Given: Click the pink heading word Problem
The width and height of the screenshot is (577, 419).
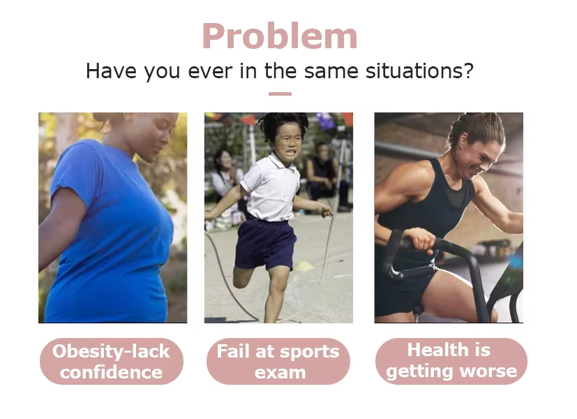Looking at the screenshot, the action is [280, 36].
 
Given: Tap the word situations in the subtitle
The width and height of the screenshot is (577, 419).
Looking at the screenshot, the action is [419, 71].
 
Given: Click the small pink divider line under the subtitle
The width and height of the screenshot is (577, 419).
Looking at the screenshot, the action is [280, 94].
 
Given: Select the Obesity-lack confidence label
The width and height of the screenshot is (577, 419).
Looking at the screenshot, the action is [111, 361].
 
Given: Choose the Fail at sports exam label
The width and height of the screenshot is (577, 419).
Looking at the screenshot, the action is [278, 361].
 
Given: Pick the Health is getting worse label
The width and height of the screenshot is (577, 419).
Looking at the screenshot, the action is [451, 361].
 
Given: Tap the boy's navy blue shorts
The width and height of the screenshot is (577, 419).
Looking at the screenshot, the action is [265, 244].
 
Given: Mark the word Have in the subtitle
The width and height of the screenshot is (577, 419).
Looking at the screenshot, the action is [111, 71].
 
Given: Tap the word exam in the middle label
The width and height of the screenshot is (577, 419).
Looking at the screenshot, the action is [280, 373].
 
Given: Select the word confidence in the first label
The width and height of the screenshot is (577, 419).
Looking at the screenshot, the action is [111, 372].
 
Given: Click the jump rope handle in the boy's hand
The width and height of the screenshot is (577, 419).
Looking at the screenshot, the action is [327, 212].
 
